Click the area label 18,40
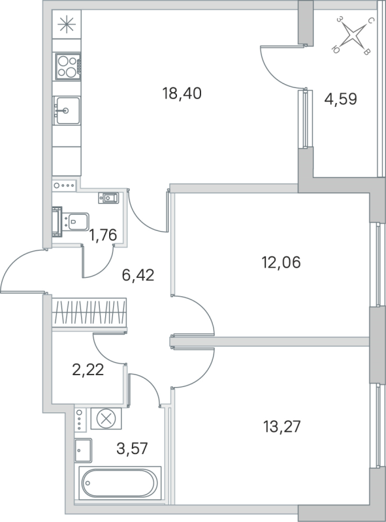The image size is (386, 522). point(182,93)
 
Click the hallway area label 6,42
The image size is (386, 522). point(138,275)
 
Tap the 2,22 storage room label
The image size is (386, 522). point(88,370)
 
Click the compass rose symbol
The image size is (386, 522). point(355,35)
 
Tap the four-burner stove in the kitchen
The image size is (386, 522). point(67,66)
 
